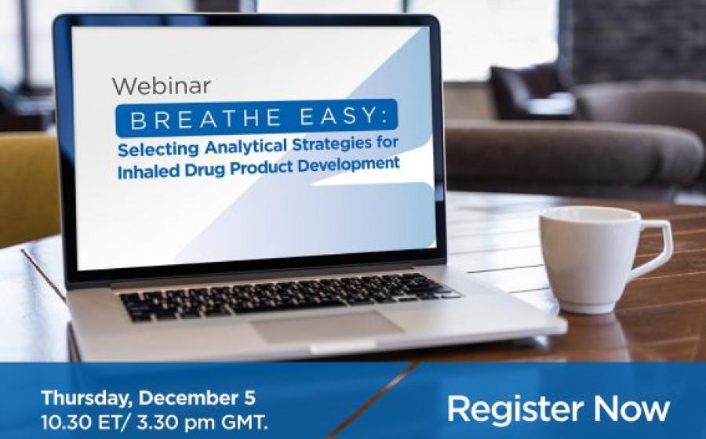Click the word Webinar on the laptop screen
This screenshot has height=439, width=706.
point(161,86)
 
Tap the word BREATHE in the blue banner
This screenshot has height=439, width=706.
point(206,119)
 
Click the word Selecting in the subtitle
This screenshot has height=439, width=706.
point(158,149)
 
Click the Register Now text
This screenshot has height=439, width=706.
point(559,408)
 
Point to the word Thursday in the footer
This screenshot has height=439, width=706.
point(88,398)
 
